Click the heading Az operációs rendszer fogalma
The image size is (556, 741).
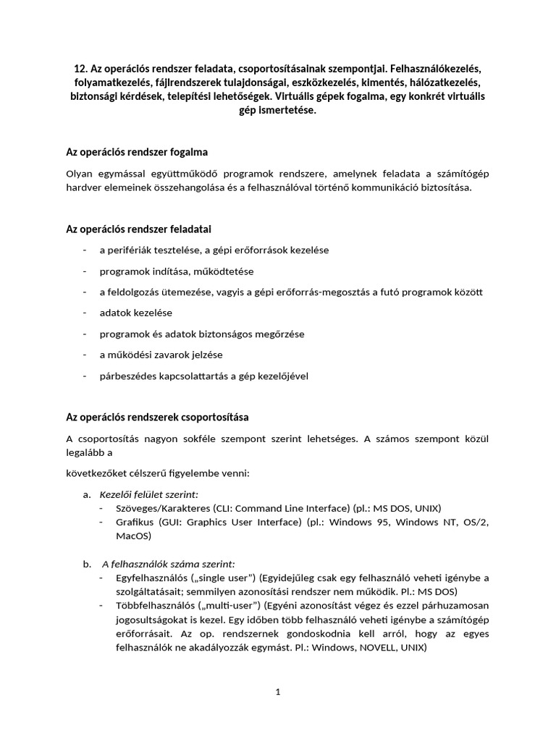coord(137,152)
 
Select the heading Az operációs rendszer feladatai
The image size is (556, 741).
coord(139,229)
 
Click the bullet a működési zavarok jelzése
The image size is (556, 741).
coord(161,355)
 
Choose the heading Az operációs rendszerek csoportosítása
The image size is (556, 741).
coord(157,418)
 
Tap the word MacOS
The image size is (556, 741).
coord(134,535)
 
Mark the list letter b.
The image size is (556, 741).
coord(87,563)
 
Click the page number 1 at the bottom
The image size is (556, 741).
coord(277,692)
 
